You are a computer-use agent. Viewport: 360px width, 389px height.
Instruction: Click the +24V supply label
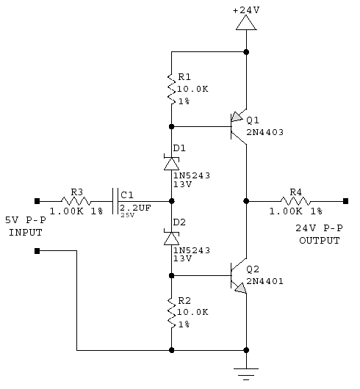(x=246, y=10)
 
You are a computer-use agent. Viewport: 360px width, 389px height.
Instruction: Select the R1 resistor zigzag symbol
(x=171, y=89)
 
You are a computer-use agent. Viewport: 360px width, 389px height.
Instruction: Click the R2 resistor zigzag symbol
(x=171, y=313)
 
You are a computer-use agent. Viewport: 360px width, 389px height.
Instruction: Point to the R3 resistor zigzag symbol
(x=76, y=201)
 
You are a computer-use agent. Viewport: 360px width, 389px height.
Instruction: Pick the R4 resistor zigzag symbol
(x=295, y=201)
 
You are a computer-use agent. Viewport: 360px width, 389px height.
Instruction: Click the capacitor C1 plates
(x=115, y=201)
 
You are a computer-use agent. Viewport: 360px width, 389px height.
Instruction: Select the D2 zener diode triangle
(x=171, y=237)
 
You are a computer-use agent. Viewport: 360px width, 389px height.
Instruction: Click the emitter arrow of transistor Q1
(x=237, y=117)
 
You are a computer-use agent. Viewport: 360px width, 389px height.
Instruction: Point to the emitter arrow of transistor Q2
(x=240, y=288)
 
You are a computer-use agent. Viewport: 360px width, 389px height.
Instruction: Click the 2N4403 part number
(x=264, y=132)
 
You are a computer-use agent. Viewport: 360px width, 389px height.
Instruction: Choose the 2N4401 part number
(x=264, y=281)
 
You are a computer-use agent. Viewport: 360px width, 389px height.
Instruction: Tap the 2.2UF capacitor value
(x=135, y=208)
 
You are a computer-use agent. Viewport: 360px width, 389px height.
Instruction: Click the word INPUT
(x=26, y=233)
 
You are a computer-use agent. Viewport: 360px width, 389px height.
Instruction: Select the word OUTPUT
(x=320, y=241)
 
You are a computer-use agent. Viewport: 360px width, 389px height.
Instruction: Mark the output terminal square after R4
(x=345, y=201)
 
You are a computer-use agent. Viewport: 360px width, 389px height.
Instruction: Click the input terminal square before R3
(x=37, y=201)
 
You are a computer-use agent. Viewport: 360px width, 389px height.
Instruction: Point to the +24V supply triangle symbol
(x=246, y=23)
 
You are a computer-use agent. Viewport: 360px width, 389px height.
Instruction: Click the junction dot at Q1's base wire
(x=171, y=126)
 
